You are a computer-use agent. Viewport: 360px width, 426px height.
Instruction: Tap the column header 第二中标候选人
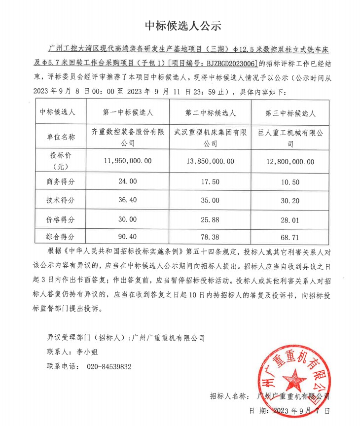(x=210, y=113)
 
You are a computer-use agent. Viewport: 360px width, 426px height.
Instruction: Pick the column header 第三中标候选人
(x=290, y=113)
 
